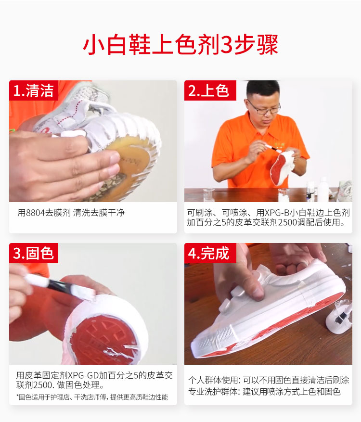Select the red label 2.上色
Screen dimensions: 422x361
pyautogui.click(x=209, y=90)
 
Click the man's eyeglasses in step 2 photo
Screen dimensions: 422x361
pyautogui.click(x=264, y=108)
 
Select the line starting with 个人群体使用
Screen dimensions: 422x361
pyautogui.click(x=269, y=380)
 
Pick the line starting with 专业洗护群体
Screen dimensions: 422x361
pyautogui.click(x=264, y=392)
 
